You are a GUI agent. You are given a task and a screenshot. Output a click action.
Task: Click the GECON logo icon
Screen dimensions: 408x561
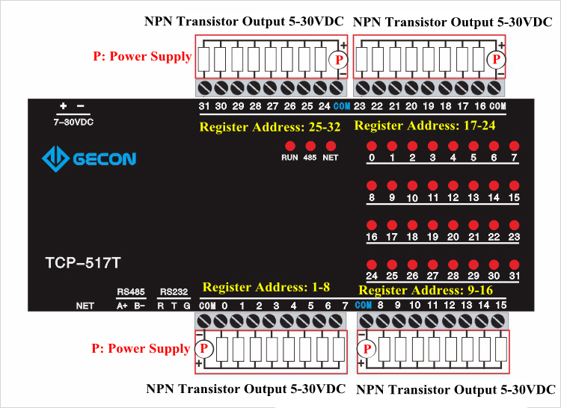coord(55,158)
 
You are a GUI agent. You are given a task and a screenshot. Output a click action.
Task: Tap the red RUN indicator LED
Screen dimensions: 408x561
coord(289,146)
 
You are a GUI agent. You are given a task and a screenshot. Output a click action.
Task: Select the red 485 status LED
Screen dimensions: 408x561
coord(310,146)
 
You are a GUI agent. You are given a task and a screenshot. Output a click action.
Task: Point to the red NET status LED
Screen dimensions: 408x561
coord(331,146)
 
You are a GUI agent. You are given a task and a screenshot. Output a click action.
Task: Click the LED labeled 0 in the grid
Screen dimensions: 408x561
coord(372,146)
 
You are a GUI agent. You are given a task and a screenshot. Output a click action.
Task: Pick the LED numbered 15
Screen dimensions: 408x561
coord(514,185)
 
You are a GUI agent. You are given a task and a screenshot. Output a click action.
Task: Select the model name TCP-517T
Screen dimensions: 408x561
coord(82,263)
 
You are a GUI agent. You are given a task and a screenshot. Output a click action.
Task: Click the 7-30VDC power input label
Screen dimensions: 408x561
coord(74,121)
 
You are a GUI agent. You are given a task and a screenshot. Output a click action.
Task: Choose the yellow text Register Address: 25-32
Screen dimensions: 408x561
coord(270,128)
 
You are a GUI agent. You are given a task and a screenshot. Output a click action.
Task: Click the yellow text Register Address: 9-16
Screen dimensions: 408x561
coord(426,291)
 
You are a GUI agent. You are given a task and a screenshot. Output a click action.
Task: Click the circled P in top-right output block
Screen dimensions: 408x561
coord(494,59)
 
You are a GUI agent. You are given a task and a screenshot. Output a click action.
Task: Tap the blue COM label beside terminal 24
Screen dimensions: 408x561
coord(342,107)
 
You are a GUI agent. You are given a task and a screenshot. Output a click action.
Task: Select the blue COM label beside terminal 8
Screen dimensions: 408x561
coord(364,306)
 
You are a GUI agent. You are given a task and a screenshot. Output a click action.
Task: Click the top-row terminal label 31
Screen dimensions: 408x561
coord(204,107)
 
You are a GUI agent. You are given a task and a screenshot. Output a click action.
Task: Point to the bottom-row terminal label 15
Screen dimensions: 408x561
coord(501,306)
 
